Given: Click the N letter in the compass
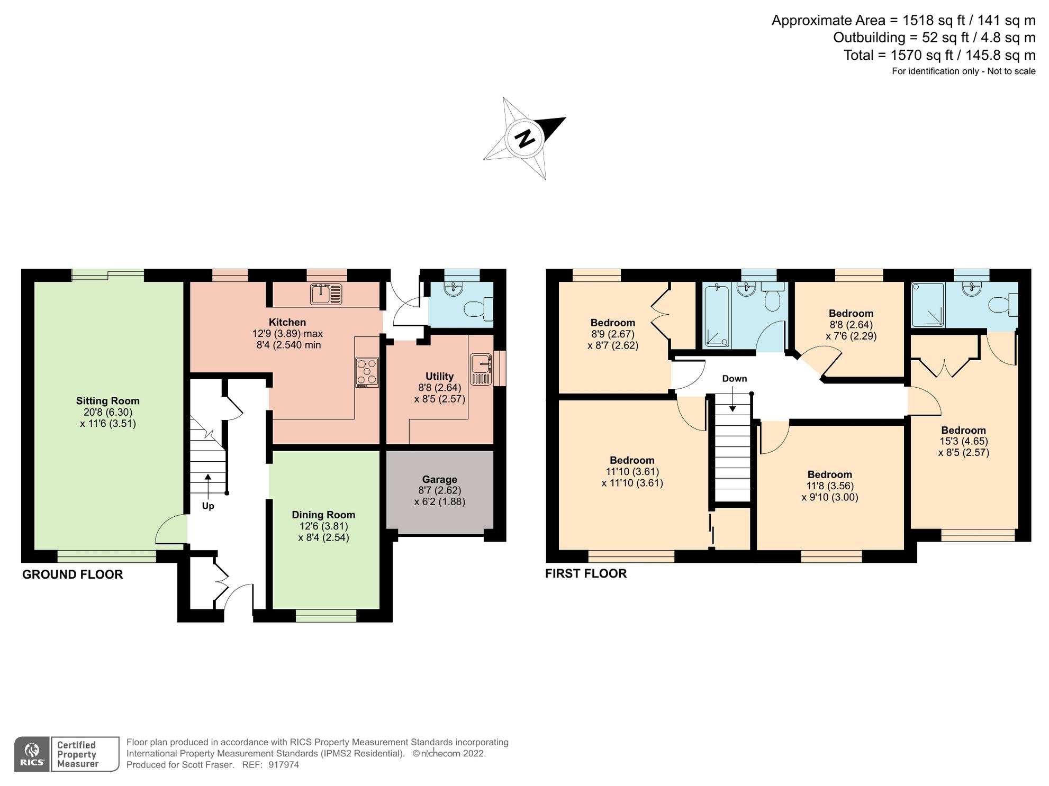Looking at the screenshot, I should (525, 138).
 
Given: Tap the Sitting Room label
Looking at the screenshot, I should (107, 401).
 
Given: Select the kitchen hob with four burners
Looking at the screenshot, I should (367, 372).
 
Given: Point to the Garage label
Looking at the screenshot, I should (439, 479).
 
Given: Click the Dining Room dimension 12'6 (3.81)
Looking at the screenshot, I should (323, 526).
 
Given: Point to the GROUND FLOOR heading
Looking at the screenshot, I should (73, 574).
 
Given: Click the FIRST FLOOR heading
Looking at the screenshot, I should (586, 573).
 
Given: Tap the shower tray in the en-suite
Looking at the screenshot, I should (928, 305).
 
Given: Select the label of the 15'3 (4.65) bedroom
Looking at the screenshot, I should (963, 430).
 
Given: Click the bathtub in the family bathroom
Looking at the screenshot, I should (717, 315).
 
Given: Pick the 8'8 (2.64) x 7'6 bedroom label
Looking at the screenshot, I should (851, 313).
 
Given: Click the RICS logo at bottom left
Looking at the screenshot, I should (32, 754).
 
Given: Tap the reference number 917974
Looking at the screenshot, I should (284, 765).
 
